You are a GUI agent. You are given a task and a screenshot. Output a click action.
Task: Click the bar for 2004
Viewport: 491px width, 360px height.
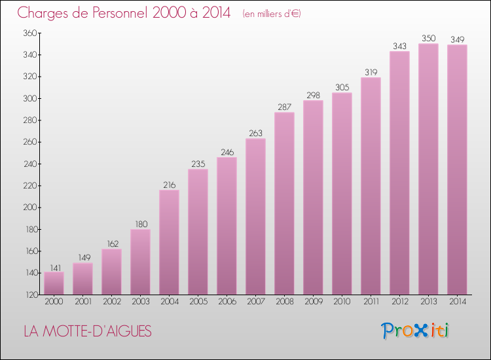click(169, 242)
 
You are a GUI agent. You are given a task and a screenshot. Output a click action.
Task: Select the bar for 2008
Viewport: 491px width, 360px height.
click(284, 204)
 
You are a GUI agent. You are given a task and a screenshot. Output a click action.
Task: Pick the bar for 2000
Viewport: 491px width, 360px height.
click(54, 283)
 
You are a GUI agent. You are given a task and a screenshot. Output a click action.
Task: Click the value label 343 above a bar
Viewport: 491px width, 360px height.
click(399, 46)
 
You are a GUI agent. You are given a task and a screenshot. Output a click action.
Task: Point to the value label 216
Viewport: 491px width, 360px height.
click(169, 185)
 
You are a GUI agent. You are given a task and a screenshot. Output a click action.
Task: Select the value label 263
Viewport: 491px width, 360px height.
click(255, 134)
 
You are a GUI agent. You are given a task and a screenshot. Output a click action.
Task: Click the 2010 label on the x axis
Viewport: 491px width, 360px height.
click(342, 302)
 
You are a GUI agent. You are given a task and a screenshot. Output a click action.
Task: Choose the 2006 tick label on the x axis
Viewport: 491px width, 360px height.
click(227, 302)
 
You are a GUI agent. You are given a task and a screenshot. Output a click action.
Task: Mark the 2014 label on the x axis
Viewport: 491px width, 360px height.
click(457, 302)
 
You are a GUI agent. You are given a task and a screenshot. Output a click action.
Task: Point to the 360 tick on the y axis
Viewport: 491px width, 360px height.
click(29, 33)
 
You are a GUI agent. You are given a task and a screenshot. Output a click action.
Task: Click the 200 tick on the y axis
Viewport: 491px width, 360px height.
click(29, 207)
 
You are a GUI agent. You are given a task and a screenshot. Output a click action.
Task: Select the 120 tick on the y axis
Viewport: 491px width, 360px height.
click(29, 295)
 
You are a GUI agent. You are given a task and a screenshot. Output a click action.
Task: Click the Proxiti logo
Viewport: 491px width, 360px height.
click(416, 331)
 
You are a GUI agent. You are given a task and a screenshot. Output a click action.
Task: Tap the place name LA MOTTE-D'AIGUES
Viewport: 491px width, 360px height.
click(87, 332)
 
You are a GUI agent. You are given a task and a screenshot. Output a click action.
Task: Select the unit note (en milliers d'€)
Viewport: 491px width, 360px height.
click(271, 14)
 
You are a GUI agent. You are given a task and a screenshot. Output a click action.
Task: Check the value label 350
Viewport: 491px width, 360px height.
click(428, 38)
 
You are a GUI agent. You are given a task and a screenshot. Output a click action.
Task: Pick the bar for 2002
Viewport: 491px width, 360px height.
click(111, 272)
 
